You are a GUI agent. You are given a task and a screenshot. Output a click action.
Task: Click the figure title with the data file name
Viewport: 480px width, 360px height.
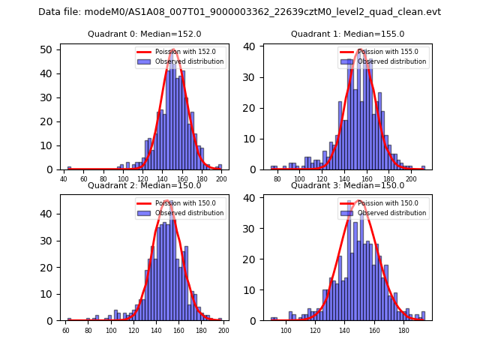click(239, 12)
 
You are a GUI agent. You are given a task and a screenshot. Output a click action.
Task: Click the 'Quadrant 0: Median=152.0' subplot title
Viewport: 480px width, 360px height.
click(144, 34)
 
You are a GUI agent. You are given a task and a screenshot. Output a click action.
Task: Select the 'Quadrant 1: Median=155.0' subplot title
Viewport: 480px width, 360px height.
click(347, 34)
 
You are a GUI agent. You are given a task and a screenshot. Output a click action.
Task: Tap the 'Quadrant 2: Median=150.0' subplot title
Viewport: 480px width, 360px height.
click(144, 186)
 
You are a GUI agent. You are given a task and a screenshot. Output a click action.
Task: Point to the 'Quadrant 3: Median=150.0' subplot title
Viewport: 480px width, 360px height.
click(347, 186)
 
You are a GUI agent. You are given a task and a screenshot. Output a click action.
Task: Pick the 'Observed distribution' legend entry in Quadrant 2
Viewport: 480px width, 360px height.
click(189, 213)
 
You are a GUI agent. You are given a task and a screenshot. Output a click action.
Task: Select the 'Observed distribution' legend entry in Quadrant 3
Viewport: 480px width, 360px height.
click(391, 213)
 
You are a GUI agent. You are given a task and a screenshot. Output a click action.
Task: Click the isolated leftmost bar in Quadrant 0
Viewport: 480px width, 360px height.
click(70, 168)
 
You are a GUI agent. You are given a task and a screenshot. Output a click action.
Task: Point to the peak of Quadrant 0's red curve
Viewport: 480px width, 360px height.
click(173, 50)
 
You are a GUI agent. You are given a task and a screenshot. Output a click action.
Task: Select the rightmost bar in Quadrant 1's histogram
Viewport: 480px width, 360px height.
click(423, 168)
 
